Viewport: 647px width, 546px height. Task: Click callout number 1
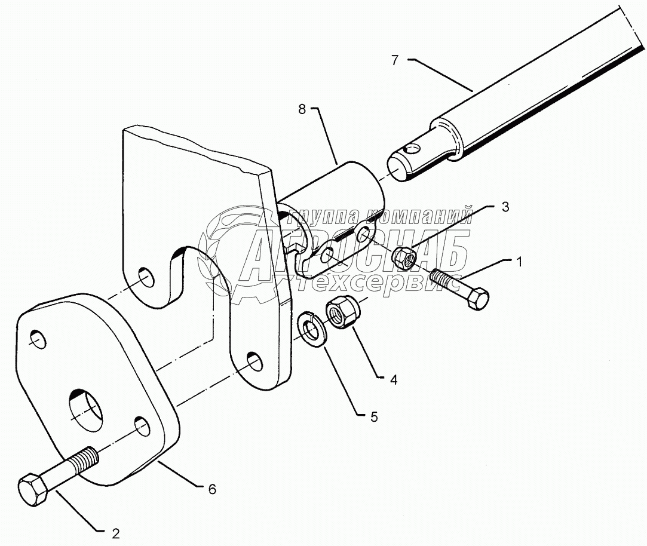click(x=520, y=261)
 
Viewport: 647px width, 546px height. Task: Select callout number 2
click(x=116, y=532)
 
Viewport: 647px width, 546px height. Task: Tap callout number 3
click(x=505, y=207)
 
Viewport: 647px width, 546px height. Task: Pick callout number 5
click(x=374, y=416)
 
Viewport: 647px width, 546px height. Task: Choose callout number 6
click(x=212, y=489)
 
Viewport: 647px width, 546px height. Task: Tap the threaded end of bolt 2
click(x=87, y=461)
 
